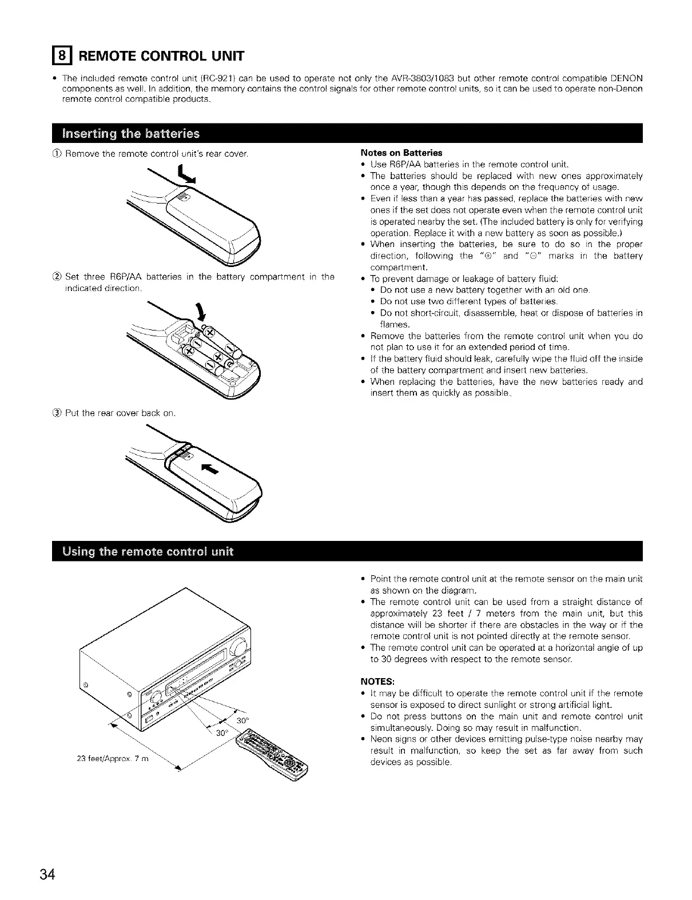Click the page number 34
[x=47, y=875]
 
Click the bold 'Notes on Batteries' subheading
[x=401, y=153]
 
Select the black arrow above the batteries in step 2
[x=201, y=312]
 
